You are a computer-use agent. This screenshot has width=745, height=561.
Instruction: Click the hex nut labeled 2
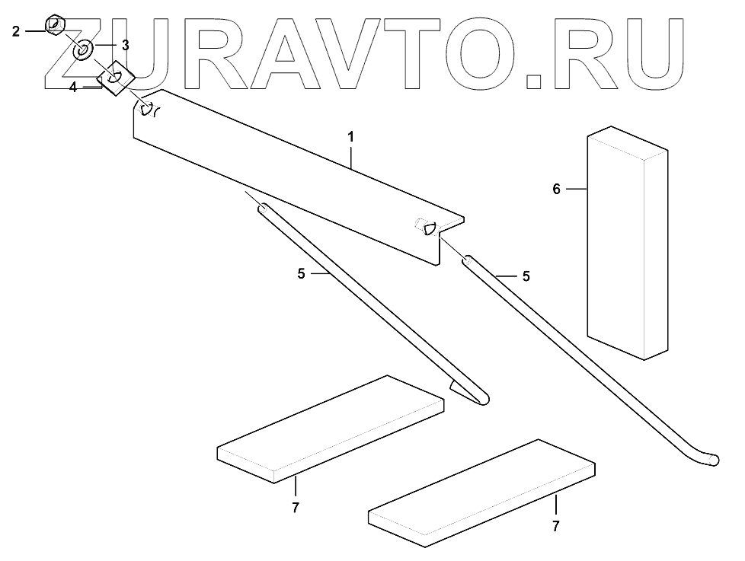pyautogui.click(x=55, y=25)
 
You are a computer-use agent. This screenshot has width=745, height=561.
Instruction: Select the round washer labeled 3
pyautogui.click(x=83, y=50)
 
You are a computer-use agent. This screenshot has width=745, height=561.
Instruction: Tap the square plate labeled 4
pyautogui.click(x=116, y=76)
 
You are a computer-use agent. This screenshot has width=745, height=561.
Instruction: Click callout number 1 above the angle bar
pyautogui.click(x=350, y=138)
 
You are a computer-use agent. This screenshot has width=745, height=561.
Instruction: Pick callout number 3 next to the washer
pyautogui.click(x=125, y=46)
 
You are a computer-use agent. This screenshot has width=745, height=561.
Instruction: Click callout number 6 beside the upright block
pyautogui.click(x=557, y=189)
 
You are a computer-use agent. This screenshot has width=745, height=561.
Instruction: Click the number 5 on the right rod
pyautogui.click(x=526, y=276)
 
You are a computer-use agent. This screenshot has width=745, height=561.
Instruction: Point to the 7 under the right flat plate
pyautogui.click(x=556, y=526)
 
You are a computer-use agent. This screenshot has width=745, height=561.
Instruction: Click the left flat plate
pyautogui.click(x=331, y=427)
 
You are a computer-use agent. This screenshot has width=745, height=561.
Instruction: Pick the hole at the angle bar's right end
pyautogui.click(x=429, y=226)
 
